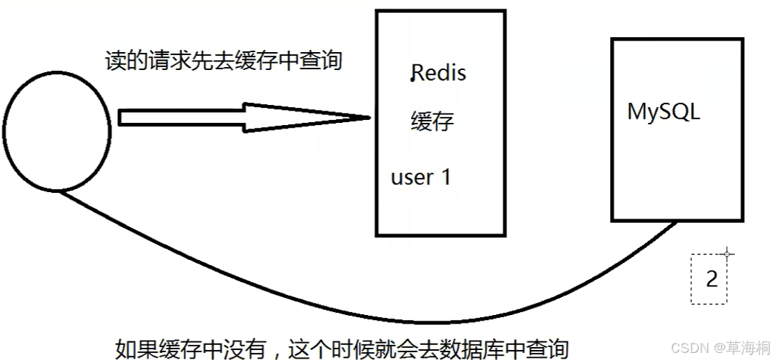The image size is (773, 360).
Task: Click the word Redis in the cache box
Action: (x=439, y=72)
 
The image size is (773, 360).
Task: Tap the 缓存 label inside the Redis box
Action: (x=432, y=121)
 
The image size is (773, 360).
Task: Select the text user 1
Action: (x=421, y=176)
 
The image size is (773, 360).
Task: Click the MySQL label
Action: (x=664, y=112)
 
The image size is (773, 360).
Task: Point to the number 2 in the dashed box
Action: (x=711, y=279)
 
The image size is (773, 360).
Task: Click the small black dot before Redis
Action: (x=412, y=79)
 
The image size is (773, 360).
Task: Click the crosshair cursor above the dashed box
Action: (x=727, y=253)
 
